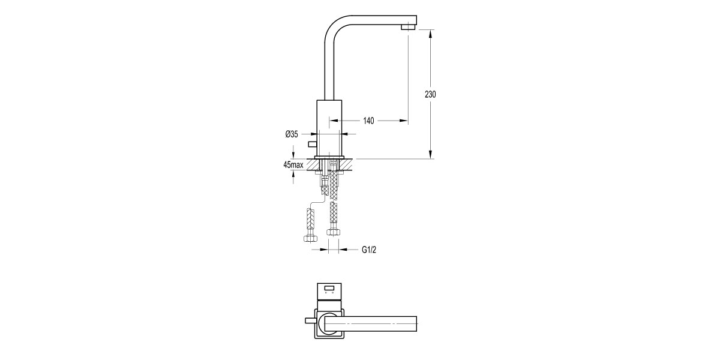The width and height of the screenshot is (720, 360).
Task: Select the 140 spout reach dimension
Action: pyautogui.click(x=368, y=121)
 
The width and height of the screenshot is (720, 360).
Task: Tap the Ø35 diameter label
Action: pyautogui.click(x=291, y=134)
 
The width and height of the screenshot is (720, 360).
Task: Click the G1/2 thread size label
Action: pyautogui.click(x=369, y=249)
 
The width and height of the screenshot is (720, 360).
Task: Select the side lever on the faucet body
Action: pyautogui.click(x=311, y=143)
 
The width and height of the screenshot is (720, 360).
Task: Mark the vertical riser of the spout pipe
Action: pyautogui.click(x=329, y=66)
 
